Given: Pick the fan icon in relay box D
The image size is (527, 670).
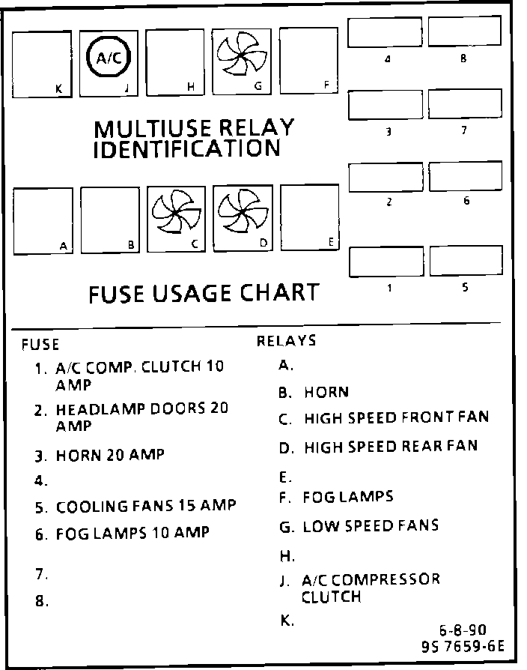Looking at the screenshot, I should click(243, 213).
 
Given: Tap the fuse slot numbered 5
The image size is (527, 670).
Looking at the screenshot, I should click(465, 260).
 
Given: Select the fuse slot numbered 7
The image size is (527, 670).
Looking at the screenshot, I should click(465, 105).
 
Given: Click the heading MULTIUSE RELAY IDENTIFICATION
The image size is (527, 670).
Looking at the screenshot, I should click(193, 138).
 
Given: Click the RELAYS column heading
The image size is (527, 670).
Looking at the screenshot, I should click(287, 342).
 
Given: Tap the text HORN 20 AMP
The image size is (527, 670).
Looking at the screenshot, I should click(109, 454).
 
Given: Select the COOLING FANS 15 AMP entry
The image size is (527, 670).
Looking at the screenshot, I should click(146, 506).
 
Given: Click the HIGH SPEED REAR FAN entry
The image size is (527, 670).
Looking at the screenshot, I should click(390, 447).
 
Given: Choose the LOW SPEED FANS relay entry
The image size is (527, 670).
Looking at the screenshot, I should click(370, 525).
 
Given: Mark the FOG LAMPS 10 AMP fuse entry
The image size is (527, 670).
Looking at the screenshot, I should click(132, 533).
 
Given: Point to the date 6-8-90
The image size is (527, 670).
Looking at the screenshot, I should click(467, 629).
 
